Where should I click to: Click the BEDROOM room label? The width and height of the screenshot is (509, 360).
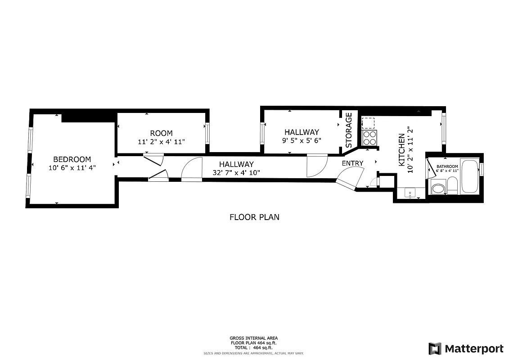pos(72,159)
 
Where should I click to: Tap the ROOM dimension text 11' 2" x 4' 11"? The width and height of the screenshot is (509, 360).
pos(161,142)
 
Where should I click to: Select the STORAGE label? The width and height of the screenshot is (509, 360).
pos(349,130)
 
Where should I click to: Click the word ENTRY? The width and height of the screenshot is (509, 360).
pos(352,163)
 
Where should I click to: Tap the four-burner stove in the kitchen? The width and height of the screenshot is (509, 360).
pos(369,138)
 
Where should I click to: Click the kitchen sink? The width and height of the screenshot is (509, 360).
pos(410,193)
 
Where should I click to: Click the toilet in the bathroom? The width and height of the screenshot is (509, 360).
pos(452,185)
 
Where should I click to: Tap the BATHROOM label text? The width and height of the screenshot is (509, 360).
pos(447,166)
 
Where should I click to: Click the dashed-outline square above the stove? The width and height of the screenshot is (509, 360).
pos(368,123)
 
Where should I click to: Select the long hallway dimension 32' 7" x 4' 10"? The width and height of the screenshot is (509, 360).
pos(236,172)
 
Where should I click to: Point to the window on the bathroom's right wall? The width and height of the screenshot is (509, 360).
pos(481,170)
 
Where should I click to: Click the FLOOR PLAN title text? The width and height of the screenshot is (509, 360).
pos(254,217)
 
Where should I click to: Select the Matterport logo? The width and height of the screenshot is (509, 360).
pos(466,349)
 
